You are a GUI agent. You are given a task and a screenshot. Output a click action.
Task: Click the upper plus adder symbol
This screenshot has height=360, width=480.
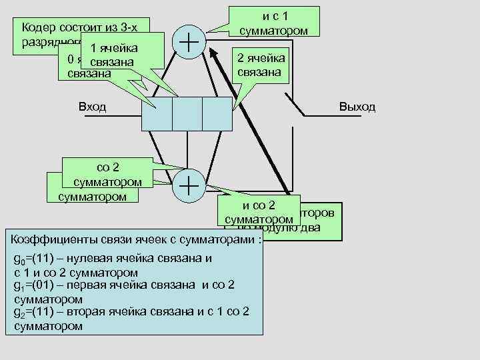pos(189,40)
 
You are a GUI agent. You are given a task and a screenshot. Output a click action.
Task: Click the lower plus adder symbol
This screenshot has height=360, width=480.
pos(189,183)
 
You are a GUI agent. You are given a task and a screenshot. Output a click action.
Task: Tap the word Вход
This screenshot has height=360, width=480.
pos(92,107)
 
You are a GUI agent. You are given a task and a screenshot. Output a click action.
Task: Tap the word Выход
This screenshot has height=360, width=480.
pos(357,107)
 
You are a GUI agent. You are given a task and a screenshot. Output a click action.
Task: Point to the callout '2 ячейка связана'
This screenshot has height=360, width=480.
pos(262,65)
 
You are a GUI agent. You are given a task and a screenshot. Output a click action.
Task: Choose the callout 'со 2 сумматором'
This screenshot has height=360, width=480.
pos(107,175)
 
